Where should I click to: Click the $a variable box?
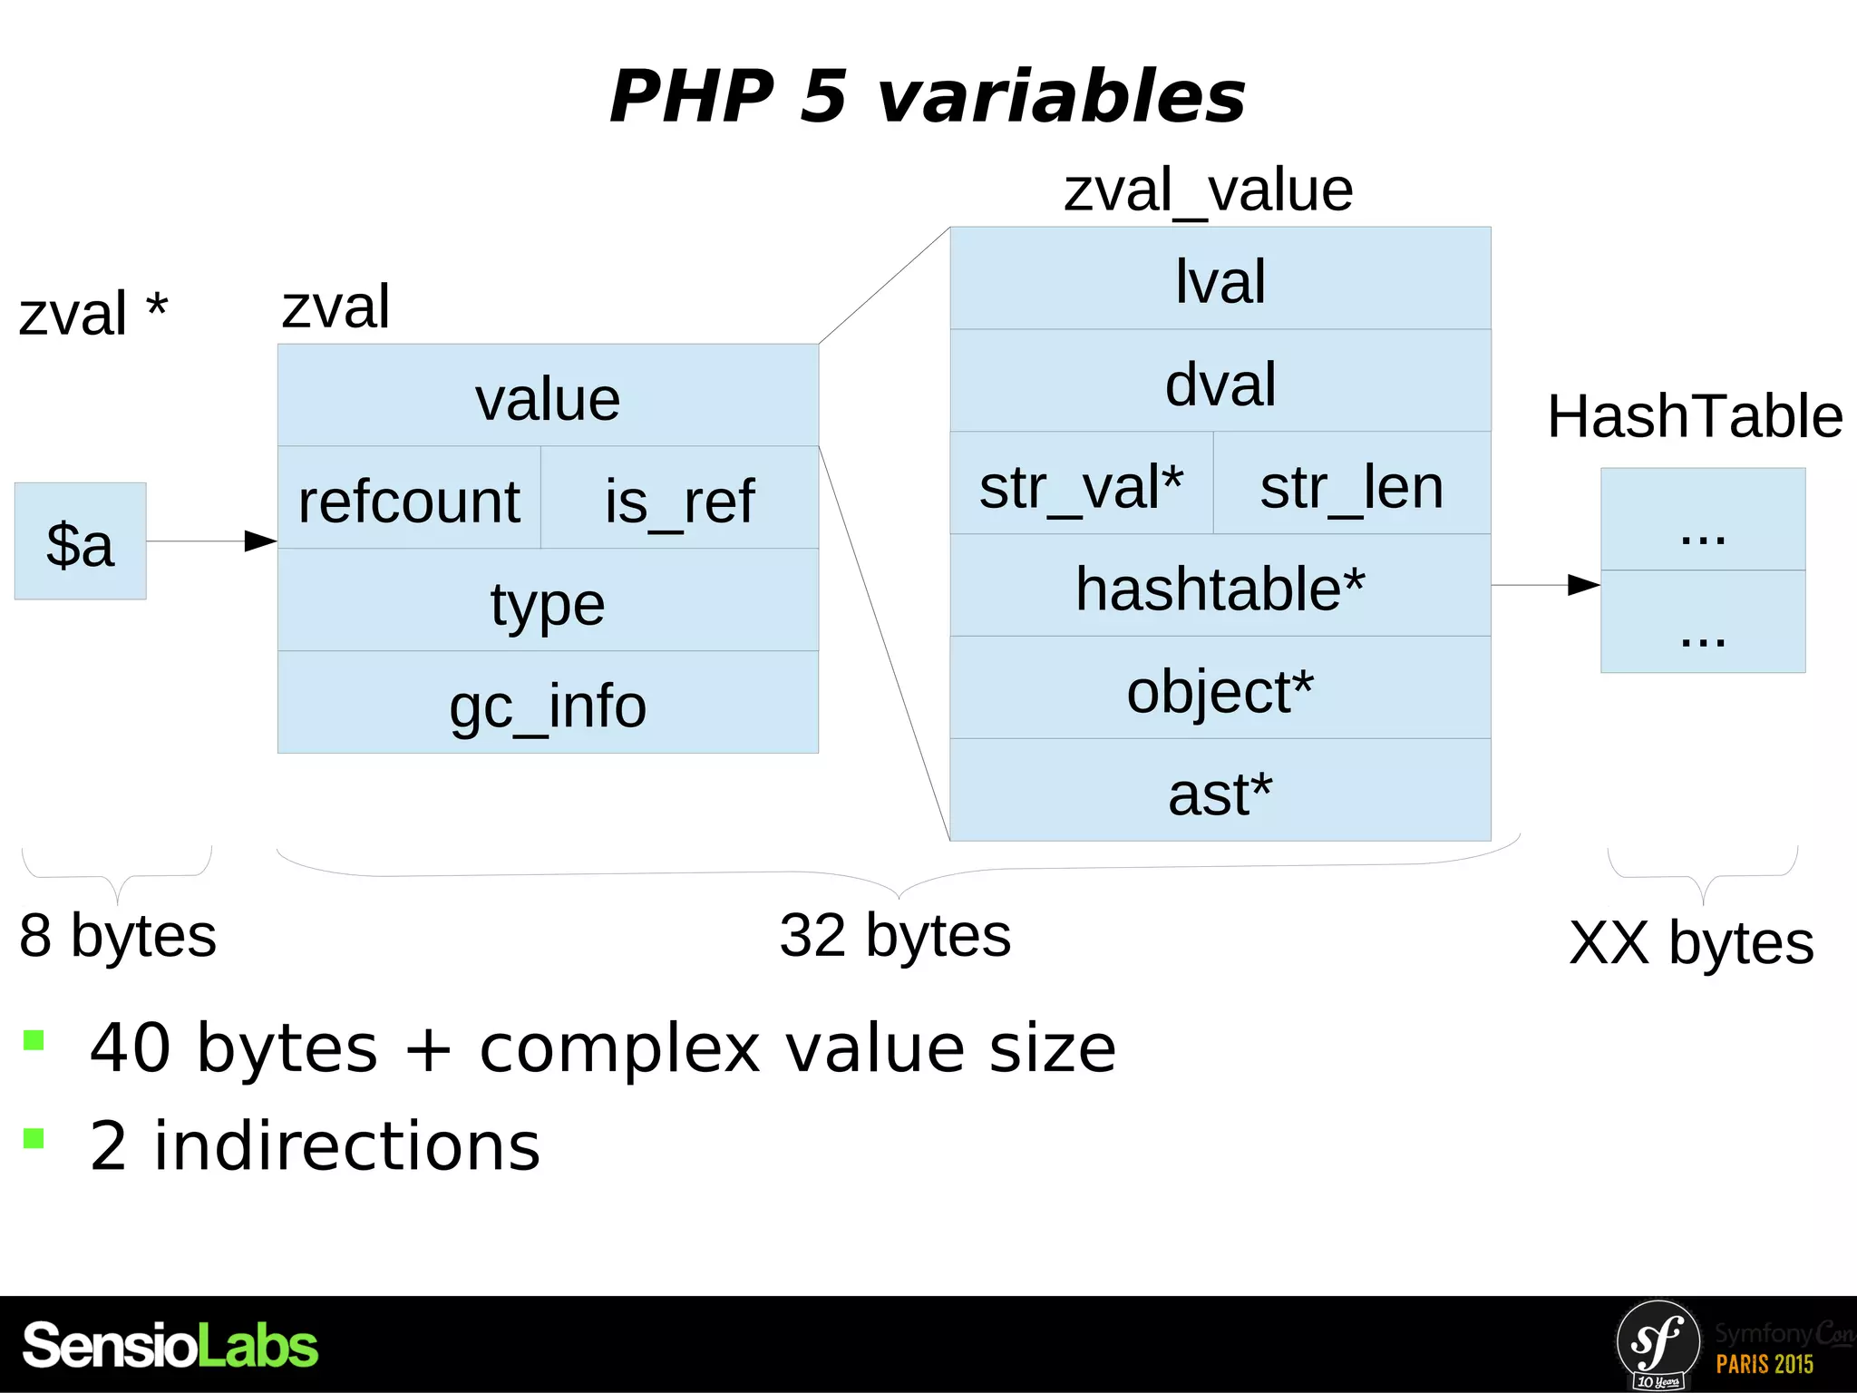coord(80,541)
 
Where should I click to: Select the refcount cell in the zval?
coord(409,499)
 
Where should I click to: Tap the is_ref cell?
coord(679,499)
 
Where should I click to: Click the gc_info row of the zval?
coord(548,703)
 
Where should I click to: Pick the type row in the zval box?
coord(548,600)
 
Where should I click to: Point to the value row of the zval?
coord(548,396)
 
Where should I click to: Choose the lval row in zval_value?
coord(1220,279)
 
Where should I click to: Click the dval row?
coord(1220,382)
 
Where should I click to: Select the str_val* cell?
coord(1081,484)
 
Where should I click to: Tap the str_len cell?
coord(1351,484)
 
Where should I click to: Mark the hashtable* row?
coord(1220,586)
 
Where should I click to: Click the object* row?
coord(1220,688)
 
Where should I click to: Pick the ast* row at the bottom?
coord(1220,791)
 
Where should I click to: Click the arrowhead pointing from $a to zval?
coord(261,541)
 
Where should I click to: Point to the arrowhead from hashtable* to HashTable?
coord(1584,585)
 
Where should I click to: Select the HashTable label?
coord(1694,416)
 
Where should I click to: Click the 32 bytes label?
coord(895,935)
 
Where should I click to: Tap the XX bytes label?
coord(1691,942)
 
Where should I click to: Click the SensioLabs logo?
coord(170,1345)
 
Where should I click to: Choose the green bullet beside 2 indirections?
coord(34,1139)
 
